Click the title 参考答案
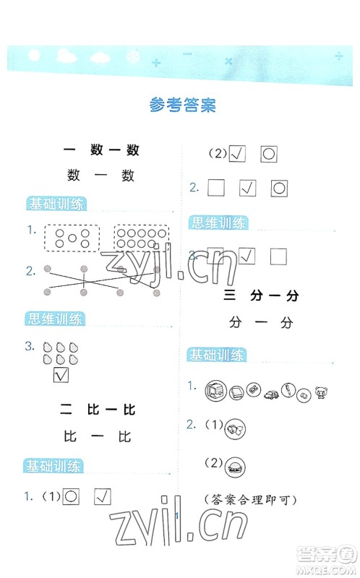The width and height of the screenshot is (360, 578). point(182,105)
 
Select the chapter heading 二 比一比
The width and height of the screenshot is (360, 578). point(99,410)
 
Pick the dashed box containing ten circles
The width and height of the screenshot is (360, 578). point(141,238)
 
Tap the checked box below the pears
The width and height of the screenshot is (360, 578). point(61,375)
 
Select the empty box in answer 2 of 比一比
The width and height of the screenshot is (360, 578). point(217,189)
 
